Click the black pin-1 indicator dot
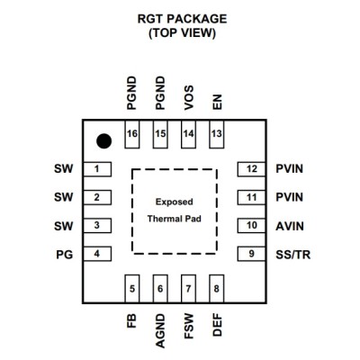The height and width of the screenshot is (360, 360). (104, 140)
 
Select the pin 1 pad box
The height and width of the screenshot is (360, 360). (97, 169)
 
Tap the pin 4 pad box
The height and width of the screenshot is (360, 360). (97, 254)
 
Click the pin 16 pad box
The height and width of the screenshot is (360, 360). (132, 134)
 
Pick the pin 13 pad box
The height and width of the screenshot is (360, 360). (217, 134)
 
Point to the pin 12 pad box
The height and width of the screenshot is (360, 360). (251, 169)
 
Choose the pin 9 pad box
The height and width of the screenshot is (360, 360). (251, 254)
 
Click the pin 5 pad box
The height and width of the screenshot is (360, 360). (132, 289)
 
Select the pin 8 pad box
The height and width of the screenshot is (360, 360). (217, 289)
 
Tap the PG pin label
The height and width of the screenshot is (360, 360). (65, 255)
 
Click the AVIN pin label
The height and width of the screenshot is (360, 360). (290, 226)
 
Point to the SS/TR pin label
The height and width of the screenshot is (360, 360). (292, 255)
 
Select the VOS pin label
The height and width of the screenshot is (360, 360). (189, 98)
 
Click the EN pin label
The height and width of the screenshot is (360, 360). (217, 103)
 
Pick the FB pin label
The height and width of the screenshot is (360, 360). (131, 320)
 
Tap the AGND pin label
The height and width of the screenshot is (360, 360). (160, 331)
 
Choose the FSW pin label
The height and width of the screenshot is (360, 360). (189, 327)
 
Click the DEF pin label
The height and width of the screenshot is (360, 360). (217, 325)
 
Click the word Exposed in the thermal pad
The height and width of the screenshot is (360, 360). (174, 202)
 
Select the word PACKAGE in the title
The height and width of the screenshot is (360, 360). (197, 19)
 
